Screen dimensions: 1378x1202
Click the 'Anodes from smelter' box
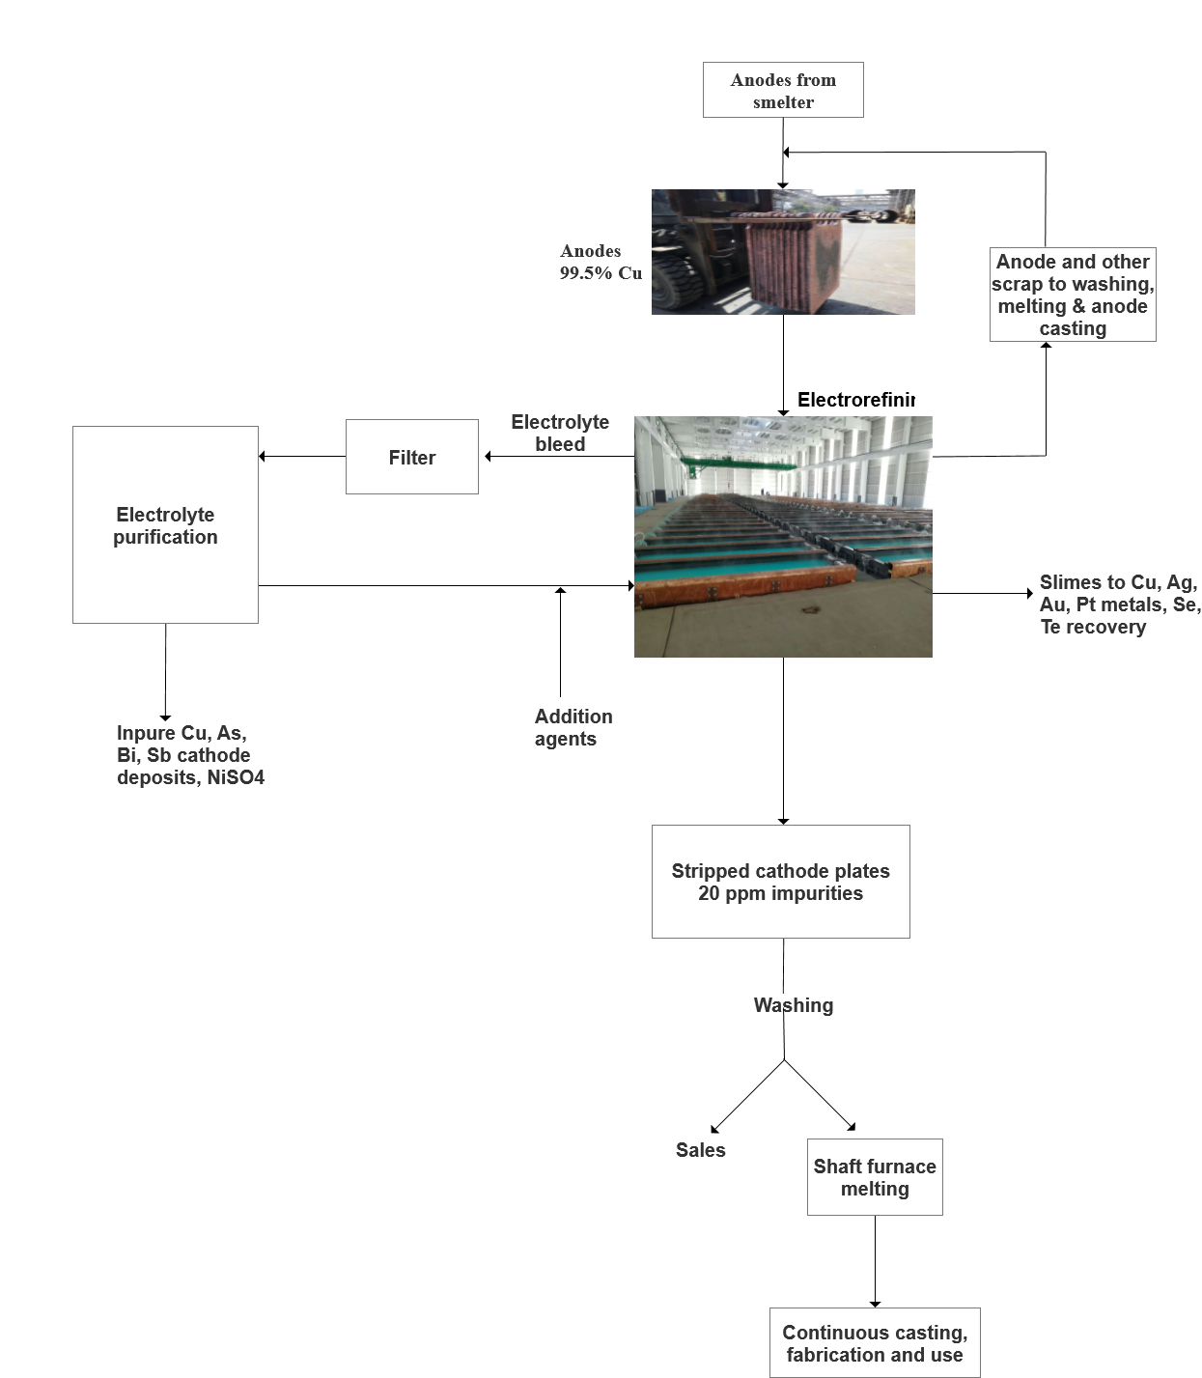point(783,90)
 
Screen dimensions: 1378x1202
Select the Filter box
point(411,457)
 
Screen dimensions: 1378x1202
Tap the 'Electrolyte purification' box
point(165,524)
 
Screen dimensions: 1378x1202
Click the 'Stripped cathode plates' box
point(780,881)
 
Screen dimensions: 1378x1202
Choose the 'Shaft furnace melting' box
point(875,1177)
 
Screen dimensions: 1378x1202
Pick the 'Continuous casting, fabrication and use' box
point(875,1342)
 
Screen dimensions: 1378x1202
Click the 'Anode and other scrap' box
point(1073,295)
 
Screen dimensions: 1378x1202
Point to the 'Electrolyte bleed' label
point(560,433)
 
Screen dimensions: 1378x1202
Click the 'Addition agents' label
point(573,727)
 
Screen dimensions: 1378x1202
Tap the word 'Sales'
point(700,1150)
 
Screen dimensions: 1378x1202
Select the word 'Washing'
point(794,1005)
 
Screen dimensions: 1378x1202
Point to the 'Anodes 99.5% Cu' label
point(600,262)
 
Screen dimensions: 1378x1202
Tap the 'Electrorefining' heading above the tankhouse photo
point(855,400)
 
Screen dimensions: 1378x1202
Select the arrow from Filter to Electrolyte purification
point(302,456)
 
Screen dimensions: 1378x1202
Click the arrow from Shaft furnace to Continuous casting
point(875,1260)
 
